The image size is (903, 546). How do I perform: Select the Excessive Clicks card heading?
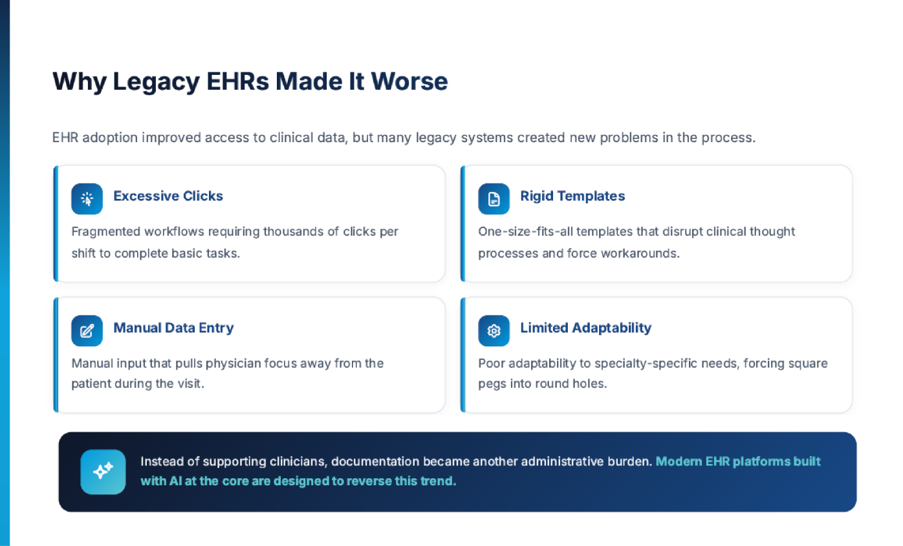[x=168, y=196]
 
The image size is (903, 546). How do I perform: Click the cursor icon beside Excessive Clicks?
[x=87, y=199]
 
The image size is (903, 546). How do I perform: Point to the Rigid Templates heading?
[x=572, y=196]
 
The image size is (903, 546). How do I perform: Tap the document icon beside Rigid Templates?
[x=494, y=199]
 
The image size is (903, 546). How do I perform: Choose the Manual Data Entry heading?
[x=173, y=328]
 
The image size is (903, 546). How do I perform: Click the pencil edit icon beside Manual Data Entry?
[x=87, y=331]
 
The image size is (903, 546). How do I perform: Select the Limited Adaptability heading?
[x=585, y=328]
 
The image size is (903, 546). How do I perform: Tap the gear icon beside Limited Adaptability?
[x=494, y=331]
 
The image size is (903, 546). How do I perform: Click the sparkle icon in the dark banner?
[x=103, y=472]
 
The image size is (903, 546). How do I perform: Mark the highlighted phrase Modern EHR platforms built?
[x=738, y=461]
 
